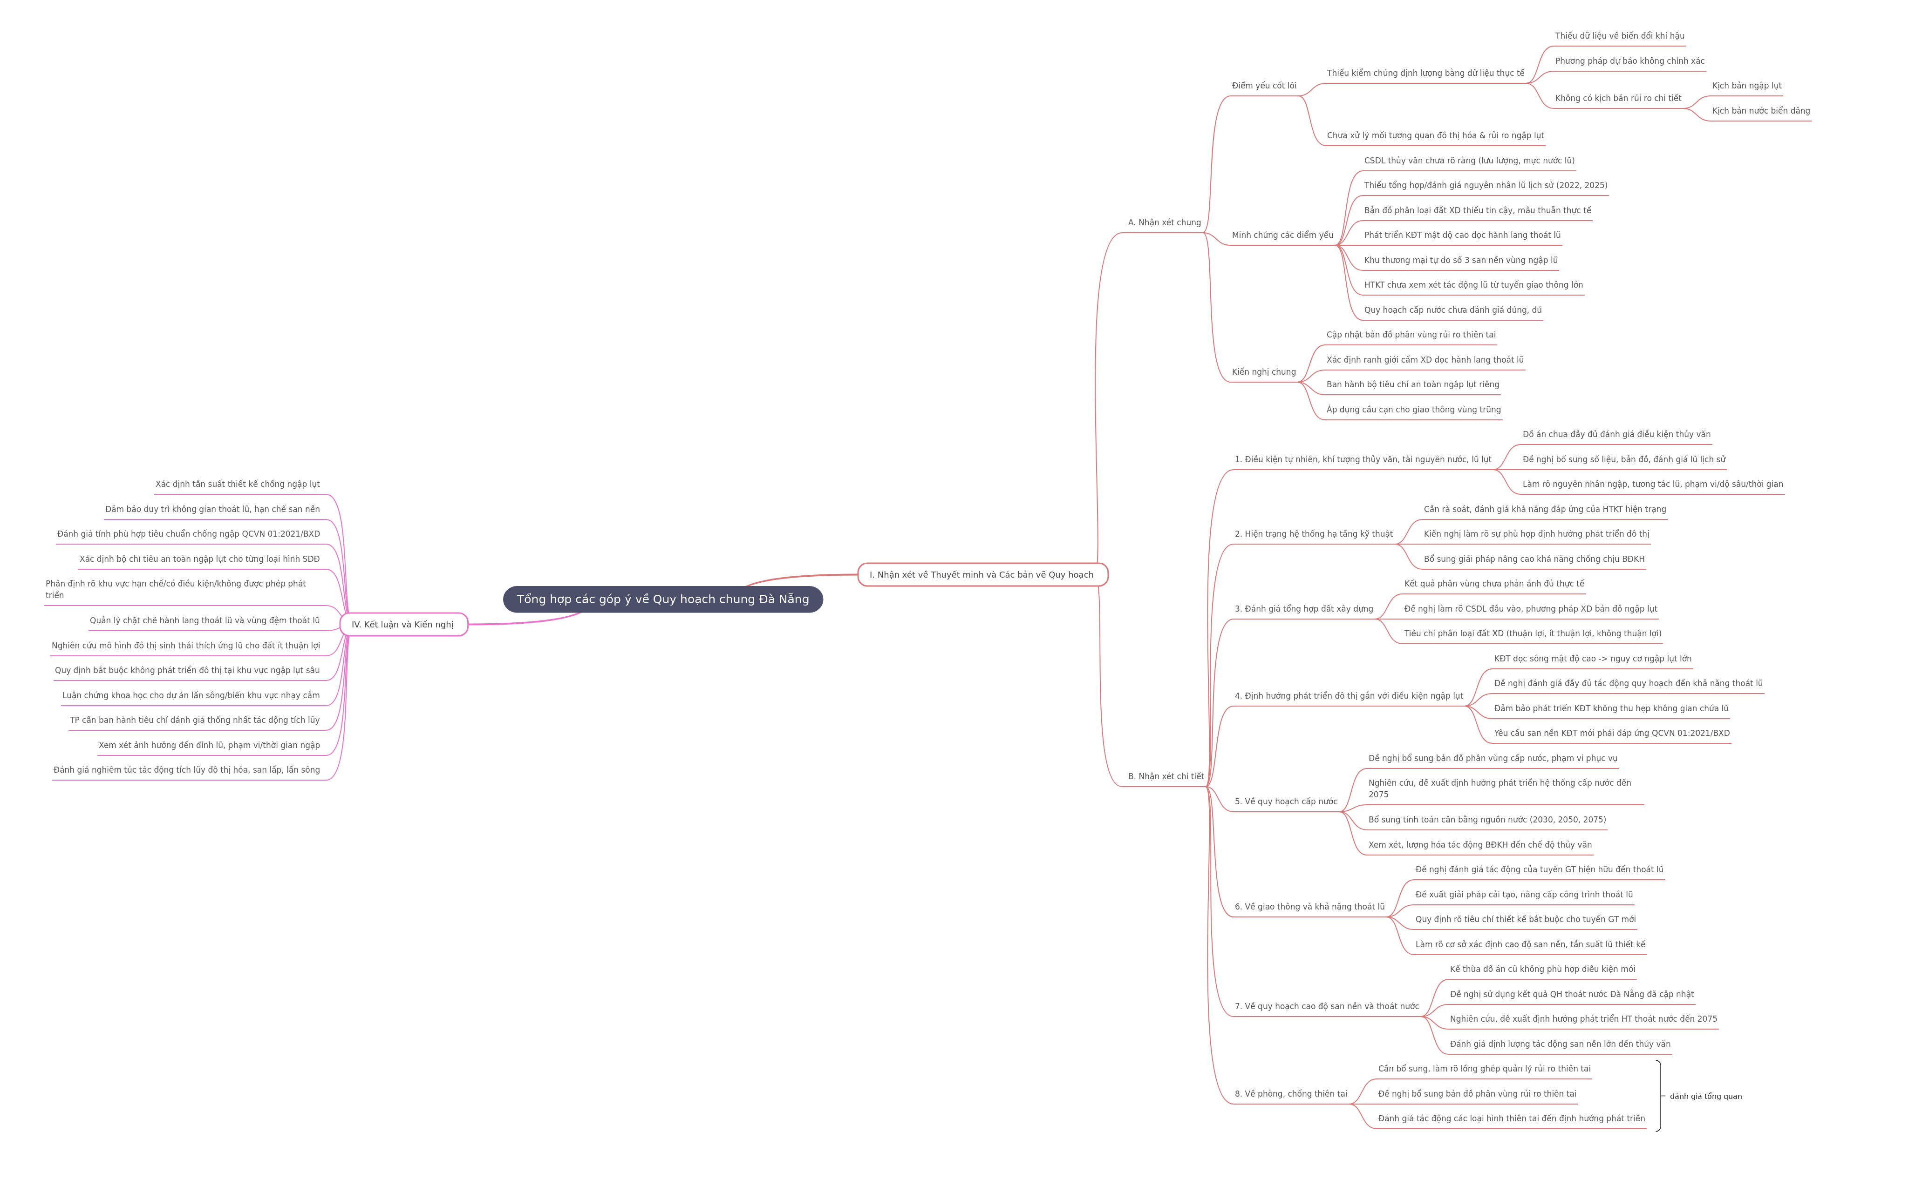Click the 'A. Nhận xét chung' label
coord(1164,223)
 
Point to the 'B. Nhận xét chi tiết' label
coord(1166,776)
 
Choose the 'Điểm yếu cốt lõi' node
coord(1264,86)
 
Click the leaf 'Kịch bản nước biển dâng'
coord(1761,111)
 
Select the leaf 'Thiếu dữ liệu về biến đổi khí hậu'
coord(1620,36)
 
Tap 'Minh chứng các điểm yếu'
coord(1282,236)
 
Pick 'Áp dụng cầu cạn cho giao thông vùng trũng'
coord(1413,410)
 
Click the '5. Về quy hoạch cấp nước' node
coord(1286,802)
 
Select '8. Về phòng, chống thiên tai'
coord(1290,1094)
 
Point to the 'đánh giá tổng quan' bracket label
coord(1705,1097)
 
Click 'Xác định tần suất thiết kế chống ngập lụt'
coord(237,485)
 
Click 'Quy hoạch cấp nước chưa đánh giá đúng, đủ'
coord(1452,310)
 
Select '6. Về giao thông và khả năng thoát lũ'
coord(1309,907)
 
